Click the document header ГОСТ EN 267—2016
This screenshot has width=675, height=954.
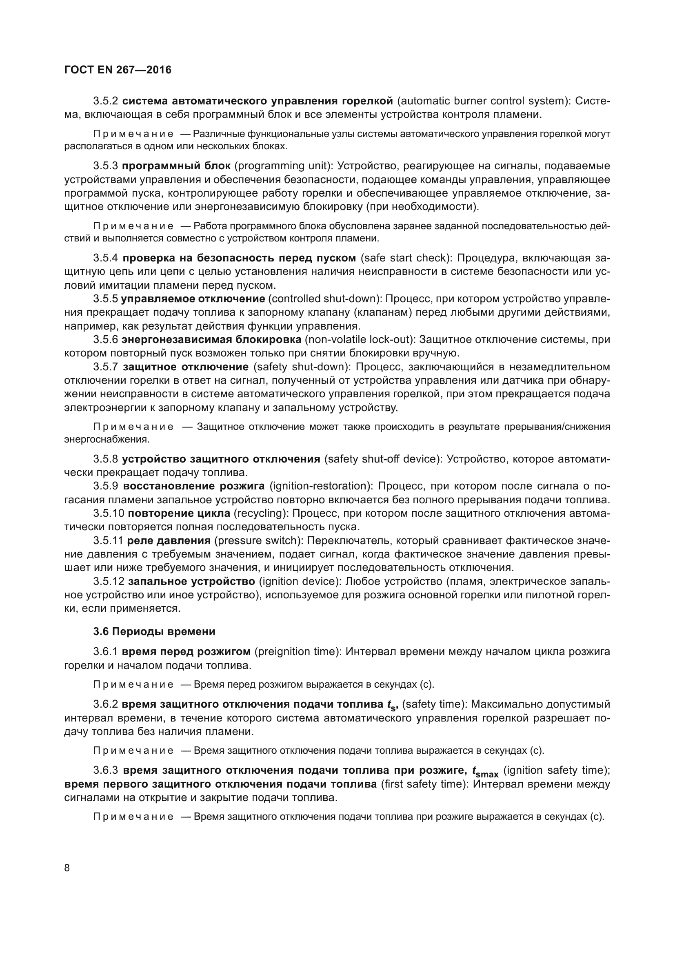(x=118, y=70)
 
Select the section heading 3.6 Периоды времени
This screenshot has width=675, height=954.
(x=154, y=631)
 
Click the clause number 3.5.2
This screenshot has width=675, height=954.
(x=106, y=101)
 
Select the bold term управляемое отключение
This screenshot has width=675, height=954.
(x=193, y=299)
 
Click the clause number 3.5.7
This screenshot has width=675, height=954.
(x=106, y=367)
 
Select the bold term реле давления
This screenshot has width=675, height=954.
(x=169, y=540)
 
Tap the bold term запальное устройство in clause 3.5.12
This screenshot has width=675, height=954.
(x=192, y=580)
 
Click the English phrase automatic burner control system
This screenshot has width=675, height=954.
(x=482, y=101)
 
